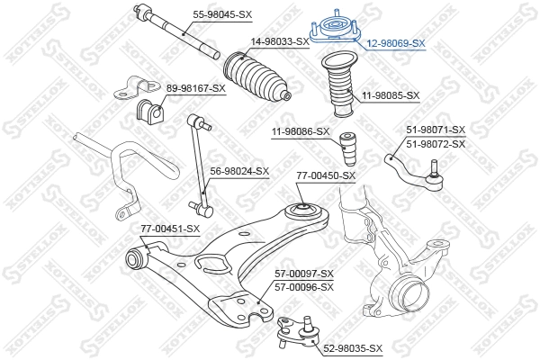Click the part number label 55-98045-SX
pos(223,13)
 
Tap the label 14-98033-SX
pos(280,41)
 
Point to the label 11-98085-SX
pos(391,94)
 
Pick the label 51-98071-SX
pos(436,130)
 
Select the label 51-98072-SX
pos(436,144)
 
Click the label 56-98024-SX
pos(239,170)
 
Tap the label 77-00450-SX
pos(326,175)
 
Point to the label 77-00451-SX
pos(169,229)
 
